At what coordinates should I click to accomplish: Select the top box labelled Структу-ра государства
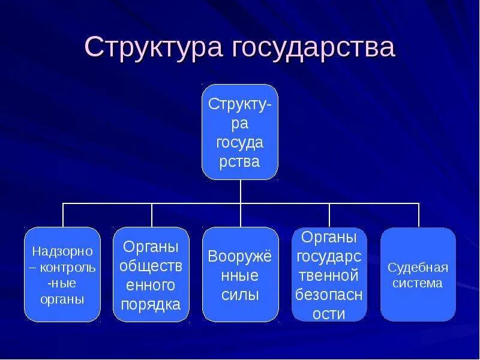pos(240,132)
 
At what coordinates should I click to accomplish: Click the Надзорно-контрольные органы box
pos(62,274)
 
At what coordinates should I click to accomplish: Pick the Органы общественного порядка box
pos(151,274)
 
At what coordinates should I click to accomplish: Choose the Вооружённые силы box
pos(240,274)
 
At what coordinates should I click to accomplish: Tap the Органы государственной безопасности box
pos(329,274)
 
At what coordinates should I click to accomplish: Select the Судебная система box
pos(418,274)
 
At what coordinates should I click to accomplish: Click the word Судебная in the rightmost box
pos(418,267)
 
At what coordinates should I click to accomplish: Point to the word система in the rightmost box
pos(418,283)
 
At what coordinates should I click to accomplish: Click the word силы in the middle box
pos(240,295)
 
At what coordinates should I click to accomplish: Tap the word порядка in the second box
pos(151,304)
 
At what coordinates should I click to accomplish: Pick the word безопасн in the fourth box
pos(329,295)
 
